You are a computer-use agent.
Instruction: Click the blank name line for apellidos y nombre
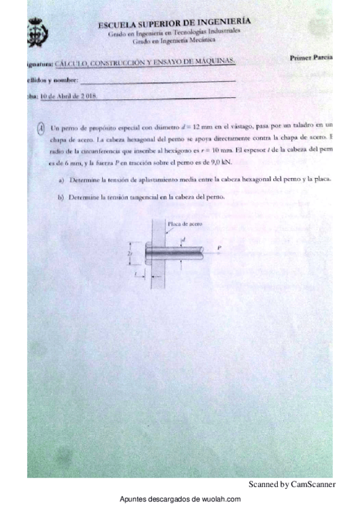click(x=157, y=81)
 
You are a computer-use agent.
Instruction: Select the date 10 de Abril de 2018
click(x=68, y=96)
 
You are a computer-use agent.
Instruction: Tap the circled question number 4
click(x=40, y=128)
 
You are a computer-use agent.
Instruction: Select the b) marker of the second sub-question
click(x=61, y=197)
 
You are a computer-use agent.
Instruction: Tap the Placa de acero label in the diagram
click(x=186, y=224)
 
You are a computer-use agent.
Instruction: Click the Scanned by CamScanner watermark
click(x=291, y=484)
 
